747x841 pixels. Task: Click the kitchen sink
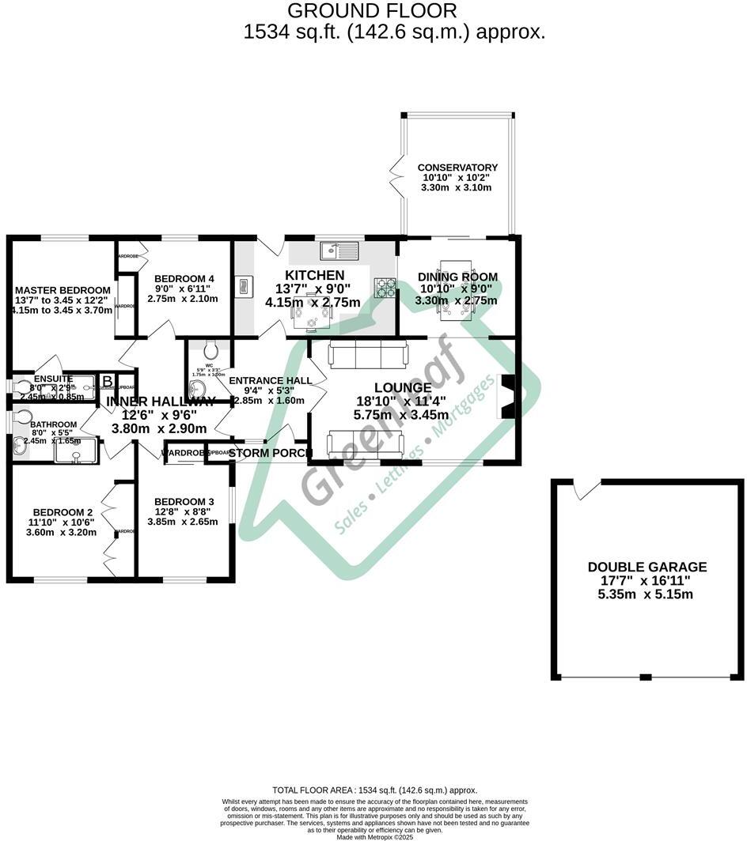pos(339,251)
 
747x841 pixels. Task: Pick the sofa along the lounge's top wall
pos(367,355)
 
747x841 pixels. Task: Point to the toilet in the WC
pos(210,349)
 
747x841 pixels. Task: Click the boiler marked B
pos(107,382)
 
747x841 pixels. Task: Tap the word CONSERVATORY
pos(457,168)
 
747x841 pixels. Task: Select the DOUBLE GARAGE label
pos(647,567)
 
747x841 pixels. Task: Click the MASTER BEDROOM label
pos(63,290)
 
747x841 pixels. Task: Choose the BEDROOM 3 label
pos(184,502)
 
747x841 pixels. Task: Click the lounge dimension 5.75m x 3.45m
pos(403,415)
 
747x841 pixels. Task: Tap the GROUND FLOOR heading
pos(371,11)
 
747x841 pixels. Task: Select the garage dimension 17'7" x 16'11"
pos(647,580)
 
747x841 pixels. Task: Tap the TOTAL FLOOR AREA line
pos(374,790)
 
